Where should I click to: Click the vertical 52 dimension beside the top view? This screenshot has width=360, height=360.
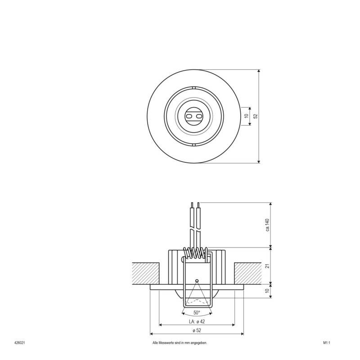(x=256, y=116)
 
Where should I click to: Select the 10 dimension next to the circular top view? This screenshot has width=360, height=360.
(x=246, y=116)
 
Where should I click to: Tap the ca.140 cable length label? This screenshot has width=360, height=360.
(x=267, y=225)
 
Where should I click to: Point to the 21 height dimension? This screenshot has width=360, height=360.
(x=267, y=265)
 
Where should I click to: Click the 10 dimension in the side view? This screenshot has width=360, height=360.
(x=267, y=291)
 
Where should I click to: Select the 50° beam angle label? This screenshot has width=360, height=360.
(x=196, y=312)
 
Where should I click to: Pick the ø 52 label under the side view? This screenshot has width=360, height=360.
(x=197, y=331)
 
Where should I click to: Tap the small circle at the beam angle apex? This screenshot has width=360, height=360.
(x=196, y=281)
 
